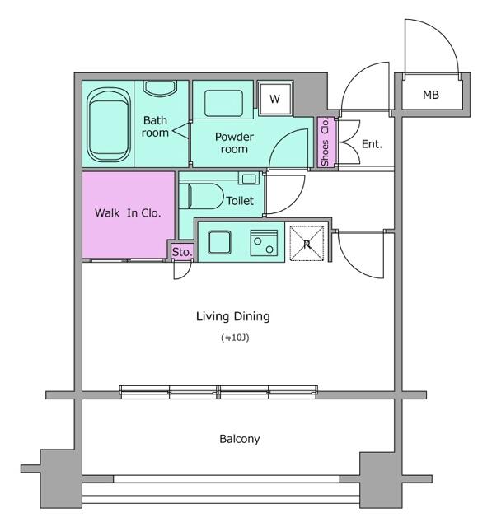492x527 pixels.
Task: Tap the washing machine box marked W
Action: click(x=274, y=99)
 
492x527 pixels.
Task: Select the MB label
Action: click(x=431, y=96)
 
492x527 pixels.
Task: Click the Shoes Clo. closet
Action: click(x=326, y=142)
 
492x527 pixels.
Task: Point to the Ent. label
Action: click(x=372, y=145)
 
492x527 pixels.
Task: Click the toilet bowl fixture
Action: click(x=201, y=196)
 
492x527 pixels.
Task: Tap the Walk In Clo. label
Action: click(x=128, y=212)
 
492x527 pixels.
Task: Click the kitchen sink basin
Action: click(x=219, y=242)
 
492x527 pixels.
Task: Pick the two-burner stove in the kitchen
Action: click(x=264, y=243)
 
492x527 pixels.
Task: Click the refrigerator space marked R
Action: click(x=307, y=244)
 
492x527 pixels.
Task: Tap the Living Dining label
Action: click(x=233, y=316)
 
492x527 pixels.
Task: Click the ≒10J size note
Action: click(x=235, y=338)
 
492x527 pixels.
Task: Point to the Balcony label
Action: click(x=240, y=439)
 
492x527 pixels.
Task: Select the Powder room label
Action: click(x=234, y=142)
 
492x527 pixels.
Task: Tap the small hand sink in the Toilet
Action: click(x=249, y=178)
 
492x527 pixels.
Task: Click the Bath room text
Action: click(x=155, y=126)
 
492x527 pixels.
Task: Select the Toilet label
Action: click(x=240, y=201)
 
